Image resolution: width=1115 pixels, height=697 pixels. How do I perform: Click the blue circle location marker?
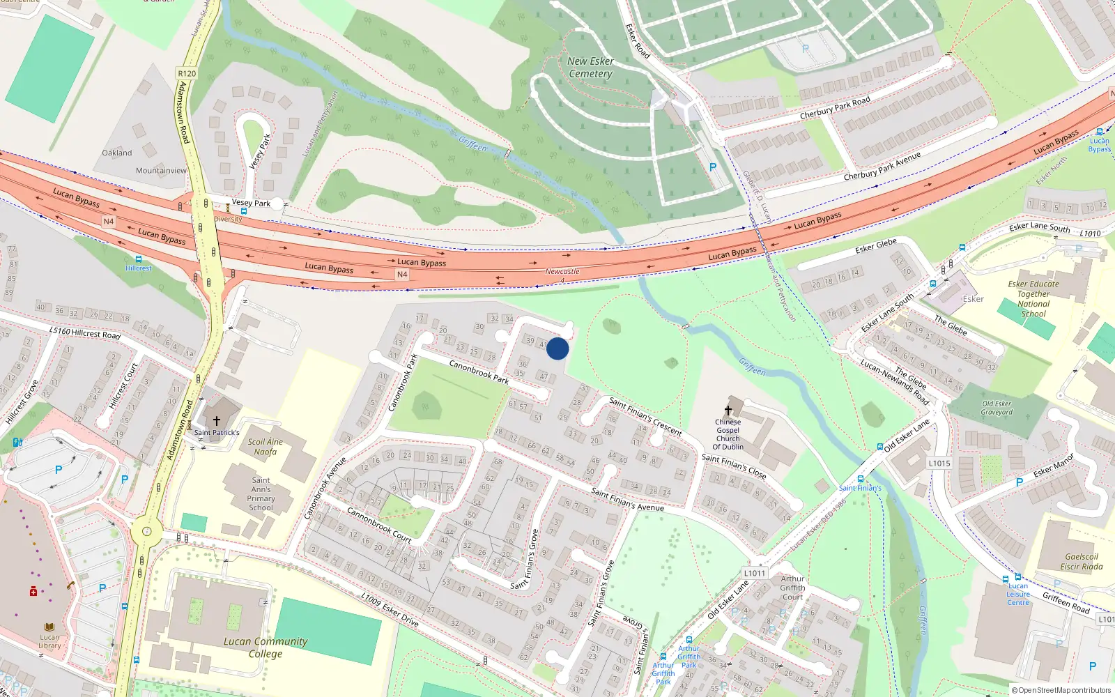[x=557, y=348]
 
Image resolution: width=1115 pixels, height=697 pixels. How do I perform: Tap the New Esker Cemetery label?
[x=590, y=68]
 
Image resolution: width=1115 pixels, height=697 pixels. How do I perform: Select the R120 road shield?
[x=187, y=73]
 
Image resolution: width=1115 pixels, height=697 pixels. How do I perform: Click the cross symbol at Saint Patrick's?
[x=217, y=421]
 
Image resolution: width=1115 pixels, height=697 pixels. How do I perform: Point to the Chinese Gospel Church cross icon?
[x=728, y=411]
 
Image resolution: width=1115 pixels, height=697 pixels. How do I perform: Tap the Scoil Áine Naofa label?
[x=265, y=447]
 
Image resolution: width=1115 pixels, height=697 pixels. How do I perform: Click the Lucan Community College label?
[x=266, y=648]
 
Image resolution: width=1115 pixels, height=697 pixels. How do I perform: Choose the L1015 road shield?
[x=939, y=463]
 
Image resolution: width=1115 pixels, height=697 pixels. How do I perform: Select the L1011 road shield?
[x=755, y=573]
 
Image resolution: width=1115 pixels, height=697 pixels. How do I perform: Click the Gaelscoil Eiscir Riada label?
[x=1082, y=562]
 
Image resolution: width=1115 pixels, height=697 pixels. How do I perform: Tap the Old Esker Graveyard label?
[x=997, y=408]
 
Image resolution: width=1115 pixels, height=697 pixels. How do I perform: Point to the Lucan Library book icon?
[x=49, y=627]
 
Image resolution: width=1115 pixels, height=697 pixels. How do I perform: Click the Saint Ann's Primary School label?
[x=261, y=494]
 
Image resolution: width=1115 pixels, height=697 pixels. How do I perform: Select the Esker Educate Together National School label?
[x=1033, y=299]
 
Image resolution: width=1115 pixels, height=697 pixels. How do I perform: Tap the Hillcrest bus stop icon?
[x=139, y=259]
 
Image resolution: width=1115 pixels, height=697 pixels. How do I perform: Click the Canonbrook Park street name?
[x=479, y=372]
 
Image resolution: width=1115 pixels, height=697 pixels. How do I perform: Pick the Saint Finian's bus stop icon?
[x=860, y=479]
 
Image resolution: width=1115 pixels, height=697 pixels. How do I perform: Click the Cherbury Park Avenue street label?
[x=882, y=167]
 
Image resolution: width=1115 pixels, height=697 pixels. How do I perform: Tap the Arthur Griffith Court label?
[x=792, y=588]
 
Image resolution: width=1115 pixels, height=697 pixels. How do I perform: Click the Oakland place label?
[x=116, y=153]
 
